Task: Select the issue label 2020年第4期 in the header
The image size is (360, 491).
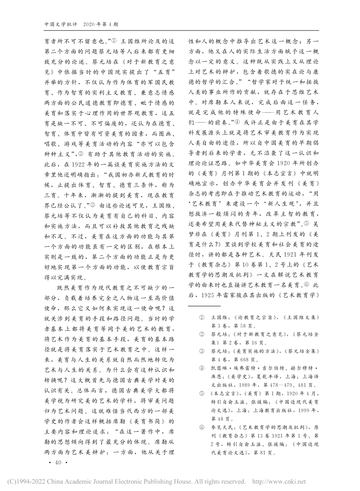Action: [102, 24]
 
